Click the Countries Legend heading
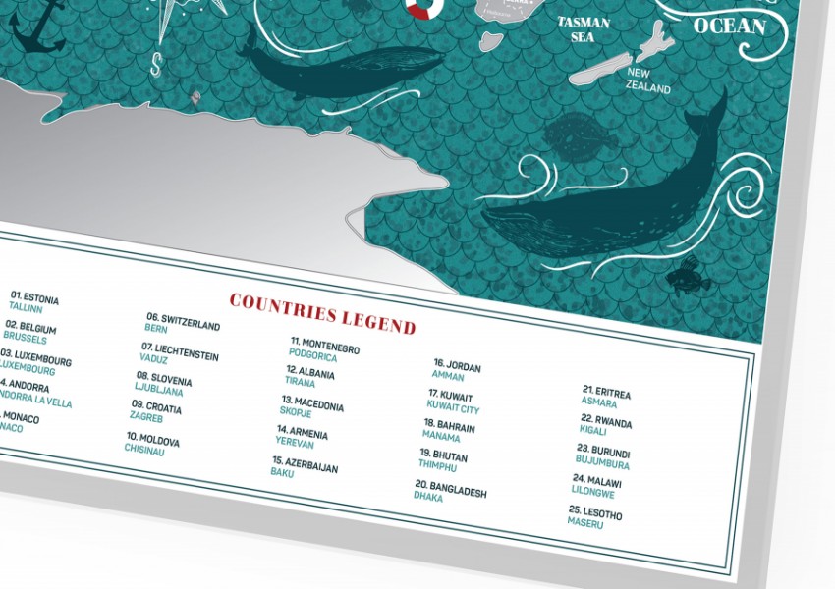pyautogui.click(x=322, y=311)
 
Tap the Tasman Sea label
pyautogui.click(x=584, y=29)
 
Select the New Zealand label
pyautogui.click(x=648, y=80)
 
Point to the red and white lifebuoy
pyautogui.click(x=425, y=8)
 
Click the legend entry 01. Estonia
pyautogui.click(x=35, y=297)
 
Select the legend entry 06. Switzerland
pyautogui.click(x=184, y=321)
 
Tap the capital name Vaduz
pyautogui.click(x=154, y=360)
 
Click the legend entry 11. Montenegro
pyautogui.click(x=324, y=347)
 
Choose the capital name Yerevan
pyautogui.click(x=295, y=443)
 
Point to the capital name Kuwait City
pyautogui.click(x=453, y=408)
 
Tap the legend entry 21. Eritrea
pyautogui.click(x=606, y=392)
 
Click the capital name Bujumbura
pyautogui.click(x=602, y=464)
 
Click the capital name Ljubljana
pyautogui.click(x=159, y=391)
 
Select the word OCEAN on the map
pyautogui.click(x=729, y=26)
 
